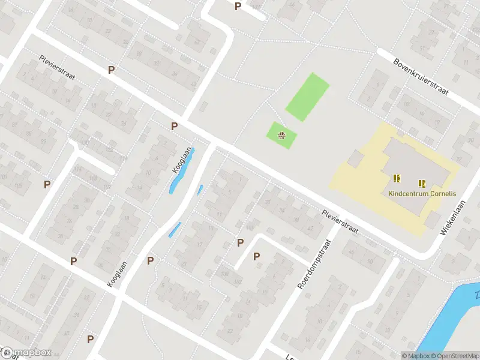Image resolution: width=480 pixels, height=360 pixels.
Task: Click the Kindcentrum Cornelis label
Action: [x=422, y=194]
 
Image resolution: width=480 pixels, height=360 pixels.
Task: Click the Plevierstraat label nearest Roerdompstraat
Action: [x=339, y=221]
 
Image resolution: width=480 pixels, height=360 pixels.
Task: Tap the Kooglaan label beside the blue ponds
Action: [x=184, y=160]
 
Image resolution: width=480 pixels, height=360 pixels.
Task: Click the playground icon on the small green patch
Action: [x=281, y=136]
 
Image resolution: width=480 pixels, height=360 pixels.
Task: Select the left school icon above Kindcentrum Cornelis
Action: [x=396, y=178]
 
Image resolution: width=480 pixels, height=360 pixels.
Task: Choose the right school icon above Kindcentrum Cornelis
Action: [x=421, y=182]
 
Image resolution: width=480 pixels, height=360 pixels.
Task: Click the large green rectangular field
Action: [x=307, y=96]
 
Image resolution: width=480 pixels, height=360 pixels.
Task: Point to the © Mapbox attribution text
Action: [x=416, y=356]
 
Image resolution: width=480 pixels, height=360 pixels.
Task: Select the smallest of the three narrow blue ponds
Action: [x=200, y=190]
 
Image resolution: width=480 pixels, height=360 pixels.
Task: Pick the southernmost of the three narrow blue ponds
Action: [x=174, y=230]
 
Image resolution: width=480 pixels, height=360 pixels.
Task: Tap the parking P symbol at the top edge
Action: [x=238, y=6]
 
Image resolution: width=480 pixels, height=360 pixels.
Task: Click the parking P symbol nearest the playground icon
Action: [x=175, y=126]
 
